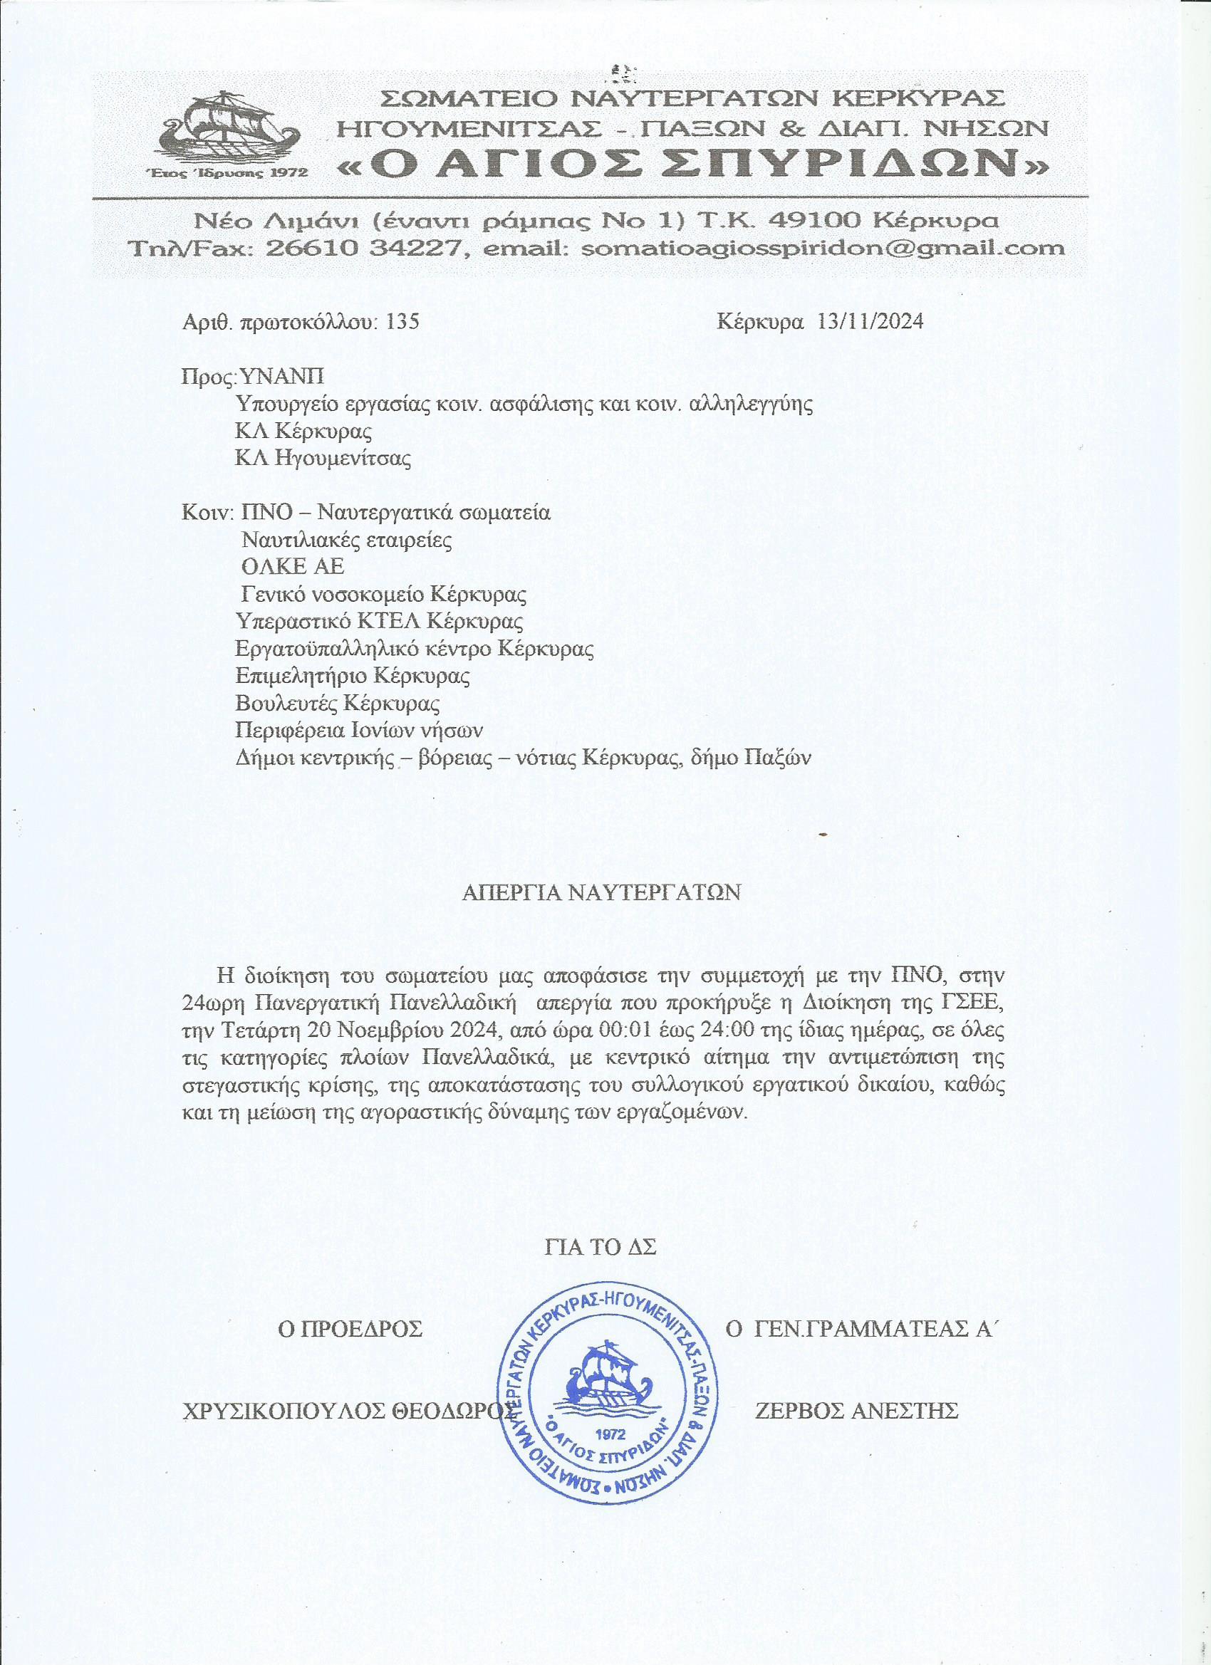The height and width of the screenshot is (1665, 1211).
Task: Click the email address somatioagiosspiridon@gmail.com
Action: pos(822,248)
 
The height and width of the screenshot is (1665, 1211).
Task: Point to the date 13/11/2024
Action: pos(870,322)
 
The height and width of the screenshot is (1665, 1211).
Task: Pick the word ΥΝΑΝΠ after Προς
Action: pos(282,377)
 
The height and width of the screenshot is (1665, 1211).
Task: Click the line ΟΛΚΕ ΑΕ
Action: pos(292,567)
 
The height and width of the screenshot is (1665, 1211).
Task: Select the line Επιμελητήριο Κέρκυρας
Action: pos(353,675)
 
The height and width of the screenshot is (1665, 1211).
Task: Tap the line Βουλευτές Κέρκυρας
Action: pos(338,704)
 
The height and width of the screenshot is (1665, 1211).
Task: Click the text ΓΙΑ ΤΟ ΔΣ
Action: pos(600,1246)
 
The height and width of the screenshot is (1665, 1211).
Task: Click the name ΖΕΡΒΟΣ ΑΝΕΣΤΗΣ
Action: pos(856,1411)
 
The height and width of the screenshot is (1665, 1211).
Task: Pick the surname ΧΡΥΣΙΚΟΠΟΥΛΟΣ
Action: pos(283,1411)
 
